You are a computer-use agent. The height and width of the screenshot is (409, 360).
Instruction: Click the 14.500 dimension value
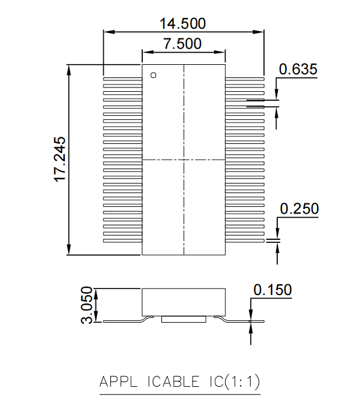click(x=182, y=23)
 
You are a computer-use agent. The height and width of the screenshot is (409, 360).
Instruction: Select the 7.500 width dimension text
click(x=182, y=44)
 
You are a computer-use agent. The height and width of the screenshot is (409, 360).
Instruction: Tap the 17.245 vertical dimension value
click(x=60, y=159)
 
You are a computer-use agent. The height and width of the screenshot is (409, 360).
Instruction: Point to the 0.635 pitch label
click(x=298, y=69)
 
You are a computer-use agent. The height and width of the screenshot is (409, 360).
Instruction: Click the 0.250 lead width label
click(x=299, y=209)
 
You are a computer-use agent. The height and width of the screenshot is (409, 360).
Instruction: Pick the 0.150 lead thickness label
click(x=272, y=290)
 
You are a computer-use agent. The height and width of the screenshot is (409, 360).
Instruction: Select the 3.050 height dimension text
click(x=86, y=305)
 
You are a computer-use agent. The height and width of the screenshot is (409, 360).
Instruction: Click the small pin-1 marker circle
click(x=153, y=75)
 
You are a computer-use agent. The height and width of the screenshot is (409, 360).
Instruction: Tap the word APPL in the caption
click(x=118, y=381)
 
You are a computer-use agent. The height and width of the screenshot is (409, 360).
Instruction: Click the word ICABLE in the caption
click(x=173, y=381)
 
